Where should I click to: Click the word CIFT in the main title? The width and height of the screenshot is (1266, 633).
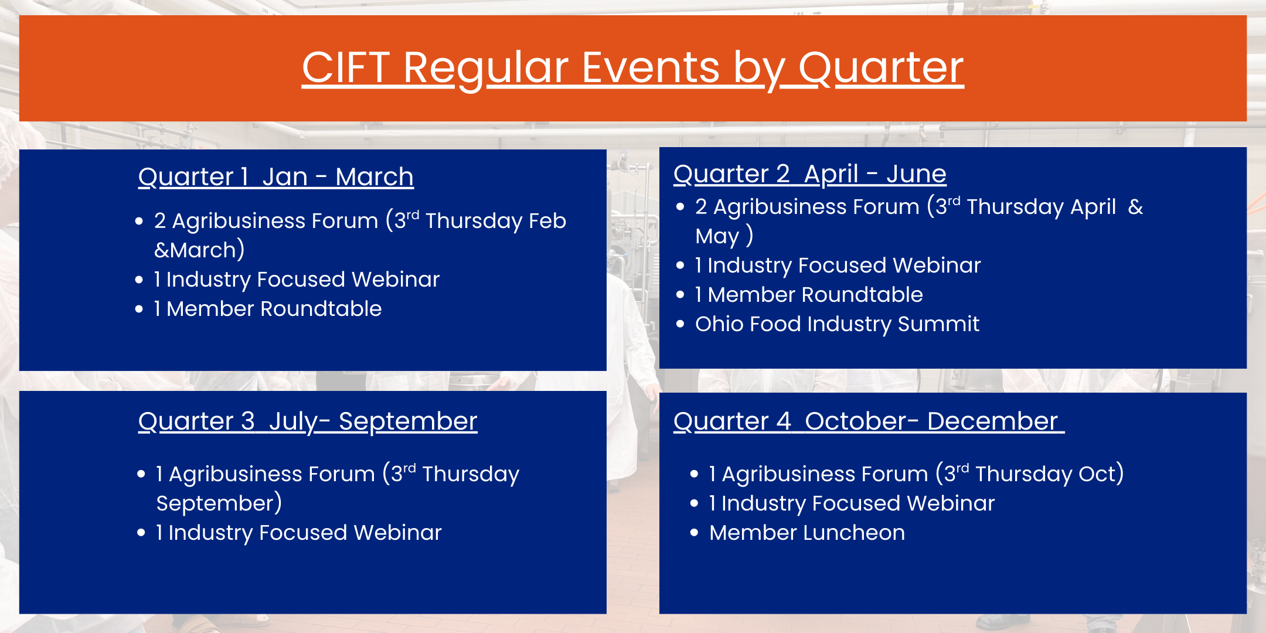click(x=346, y=67)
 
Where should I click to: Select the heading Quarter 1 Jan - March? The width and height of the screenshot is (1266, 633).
click(x=276, y=177)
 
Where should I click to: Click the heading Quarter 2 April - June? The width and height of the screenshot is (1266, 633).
click(x=810, y=174)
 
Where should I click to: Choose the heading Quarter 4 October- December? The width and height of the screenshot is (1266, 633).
click(x=869, y=421)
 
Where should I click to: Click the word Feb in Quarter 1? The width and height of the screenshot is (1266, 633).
click(x=547, y=221)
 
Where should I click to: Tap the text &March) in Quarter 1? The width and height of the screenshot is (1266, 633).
click(x=199, y=250)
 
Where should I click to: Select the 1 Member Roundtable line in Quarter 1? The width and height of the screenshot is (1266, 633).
click(x=268, y=309)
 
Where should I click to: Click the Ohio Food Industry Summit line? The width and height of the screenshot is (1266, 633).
click(x=837, y=324)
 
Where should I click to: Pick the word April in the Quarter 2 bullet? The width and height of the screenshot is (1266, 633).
click(x=1093, y=207)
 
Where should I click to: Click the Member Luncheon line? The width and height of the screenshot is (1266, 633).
click(x=807, y=533)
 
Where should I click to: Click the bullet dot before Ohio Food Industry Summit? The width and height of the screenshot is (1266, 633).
click(x=680, y=324)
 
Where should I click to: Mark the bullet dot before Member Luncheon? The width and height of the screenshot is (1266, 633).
click(x=695, y=533)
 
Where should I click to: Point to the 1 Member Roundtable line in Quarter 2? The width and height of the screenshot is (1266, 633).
click(x=809, y=295)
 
